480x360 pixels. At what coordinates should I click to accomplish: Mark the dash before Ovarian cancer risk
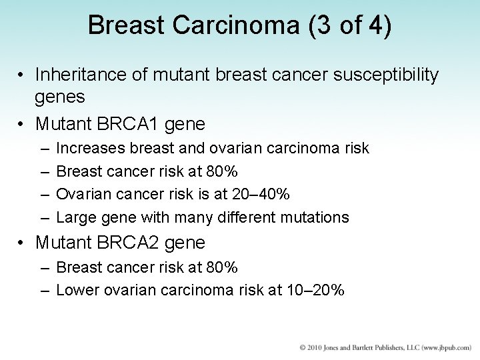(x=43, y=194)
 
